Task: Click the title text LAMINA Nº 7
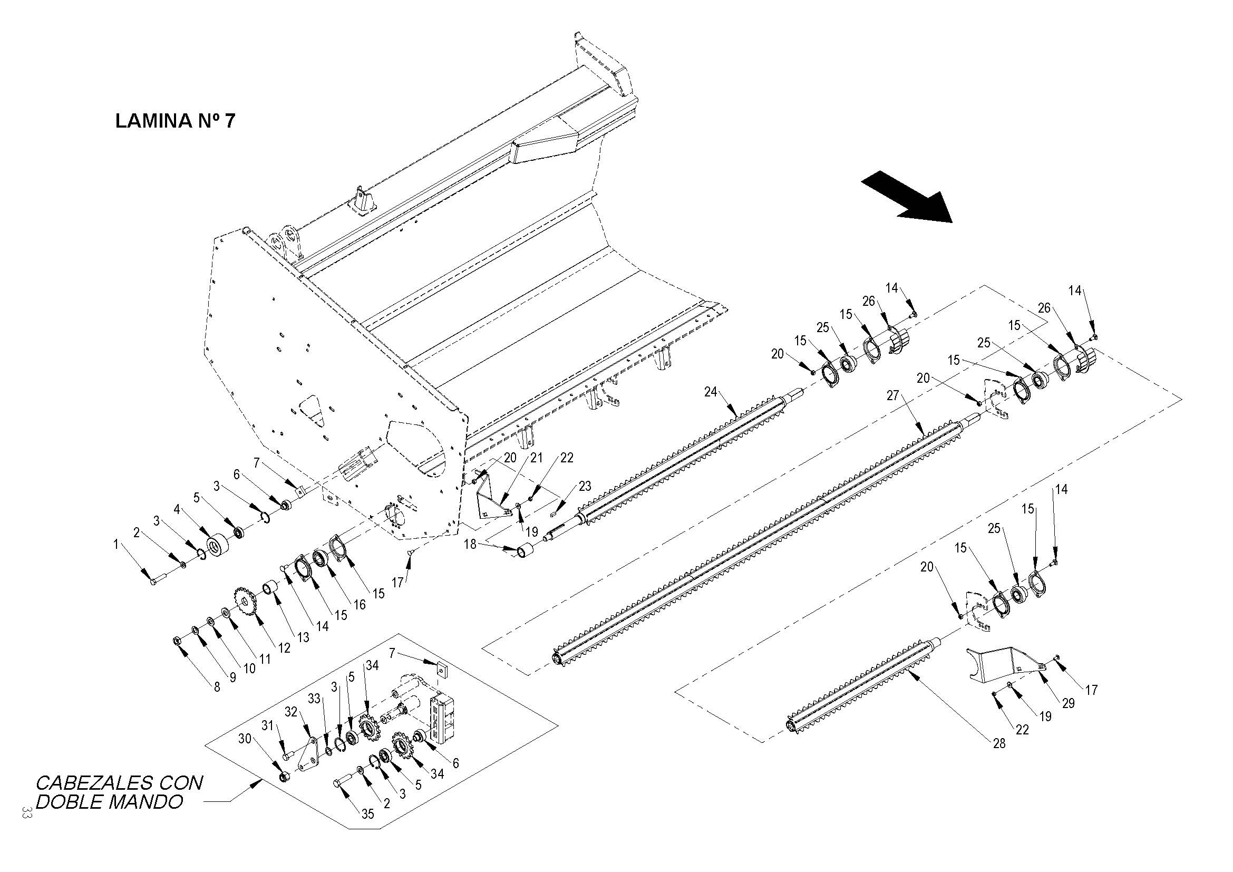175,121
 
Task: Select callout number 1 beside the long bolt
115,545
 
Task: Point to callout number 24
711,393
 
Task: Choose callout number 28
999,744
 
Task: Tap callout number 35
367,814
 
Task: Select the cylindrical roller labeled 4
218,546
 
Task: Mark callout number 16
360,604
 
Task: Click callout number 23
585,486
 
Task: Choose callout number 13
304,637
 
